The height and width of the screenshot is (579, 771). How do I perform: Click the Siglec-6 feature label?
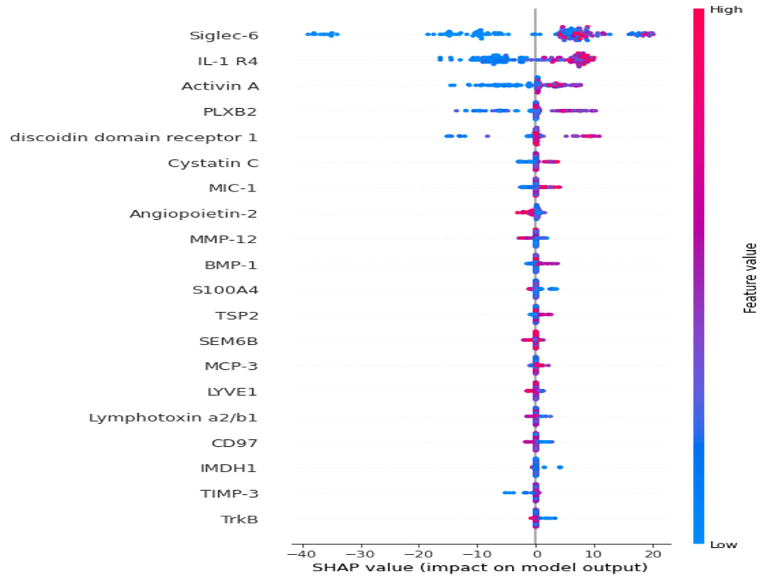pos(224,36)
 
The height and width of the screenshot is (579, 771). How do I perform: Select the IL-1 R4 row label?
pos(227,61)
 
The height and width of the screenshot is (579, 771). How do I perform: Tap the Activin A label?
pos(220,86)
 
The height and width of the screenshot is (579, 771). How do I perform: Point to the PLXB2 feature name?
pos(230,112)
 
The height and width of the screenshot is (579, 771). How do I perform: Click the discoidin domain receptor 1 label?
pos(133,137)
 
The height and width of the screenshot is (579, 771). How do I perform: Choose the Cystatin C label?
pos(213,163)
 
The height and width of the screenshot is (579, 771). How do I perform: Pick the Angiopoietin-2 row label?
pos(194,214)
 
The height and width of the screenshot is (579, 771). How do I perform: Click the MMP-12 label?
pos(224,239)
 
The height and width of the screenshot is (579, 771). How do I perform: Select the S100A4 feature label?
pos(225,290)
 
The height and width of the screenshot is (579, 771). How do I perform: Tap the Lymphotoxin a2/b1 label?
pos(173,418)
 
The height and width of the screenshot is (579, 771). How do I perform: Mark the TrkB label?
pos(240,520)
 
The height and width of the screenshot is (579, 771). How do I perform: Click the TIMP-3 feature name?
pos(229,494)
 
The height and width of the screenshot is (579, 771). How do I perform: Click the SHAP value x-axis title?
pos(480,568)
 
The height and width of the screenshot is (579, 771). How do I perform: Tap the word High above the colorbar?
pos(726,10)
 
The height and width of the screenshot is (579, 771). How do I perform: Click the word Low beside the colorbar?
pos(723,544)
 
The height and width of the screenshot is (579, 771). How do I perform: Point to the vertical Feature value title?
pos(750,278)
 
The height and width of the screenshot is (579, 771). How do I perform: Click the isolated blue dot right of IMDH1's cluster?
pos(560,467)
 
